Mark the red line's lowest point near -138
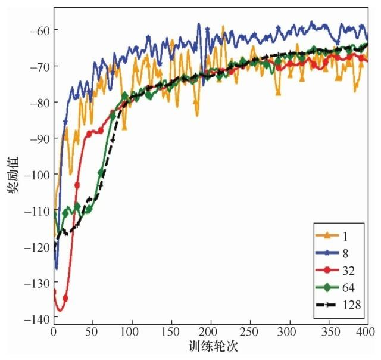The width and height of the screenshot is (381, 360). click(59, 311)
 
